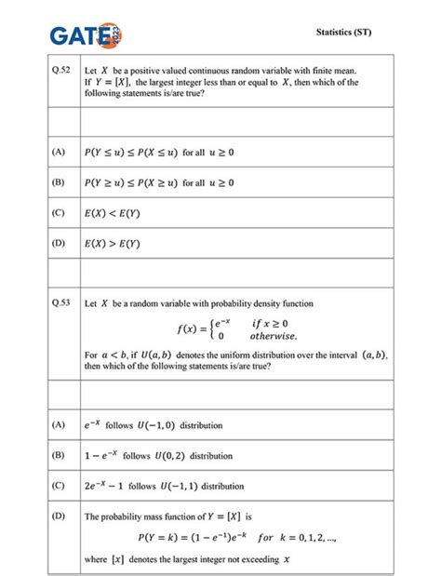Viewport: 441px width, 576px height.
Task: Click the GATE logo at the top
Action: click(x=86, y=34)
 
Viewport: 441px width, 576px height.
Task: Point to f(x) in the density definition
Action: click(x=188, y=328)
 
